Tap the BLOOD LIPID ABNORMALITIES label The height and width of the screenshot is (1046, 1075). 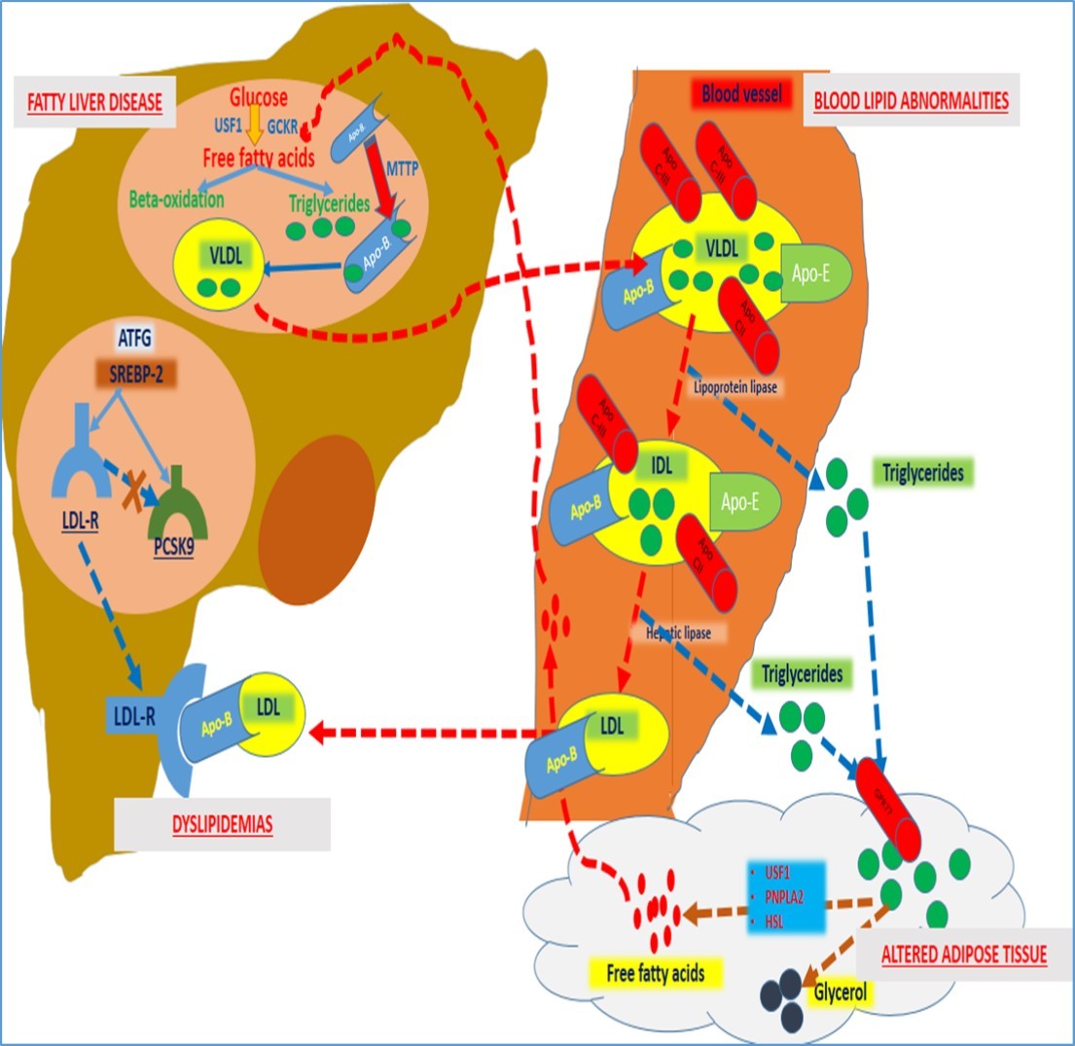911,100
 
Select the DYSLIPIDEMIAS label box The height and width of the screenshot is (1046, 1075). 222,825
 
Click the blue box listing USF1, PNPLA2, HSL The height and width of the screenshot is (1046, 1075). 787,898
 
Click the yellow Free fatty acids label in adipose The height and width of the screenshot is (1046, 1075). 648,971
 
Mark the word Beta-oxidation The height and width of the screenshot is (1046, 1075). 176,199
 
